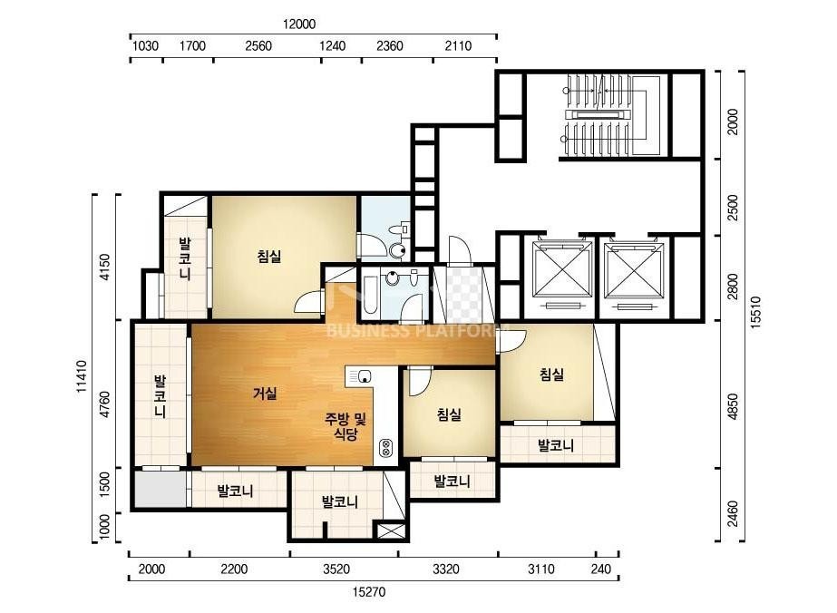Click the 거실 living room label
click(x=265, y=394)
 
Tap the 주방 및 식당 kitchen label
click(x=346, y=425)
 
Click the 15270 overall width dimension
click(x=369, y=591)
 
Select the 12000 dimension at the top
click(x=299, y=24)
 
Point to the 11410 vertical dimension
click(x=82, y=376)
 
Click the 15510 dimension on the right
click(x=756, y=312)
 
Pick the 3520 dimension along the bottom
click(x=336, y=569)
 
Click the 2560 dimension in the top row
click(x=258, y=46)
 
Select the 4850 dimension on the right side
click(x=733, y=406)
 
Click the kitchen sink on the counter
click(x=363, y=375)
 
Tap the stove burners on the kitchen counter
click(x=386, y=448)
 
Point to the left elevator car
click(x=562, y=269)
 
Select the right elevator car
click(x=635, y=270)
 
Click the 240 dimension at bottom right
click(x=601, y=569)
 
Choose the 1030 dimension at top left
click(x=145, y=46)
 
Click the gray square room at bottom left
click(x=159, y=490)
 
